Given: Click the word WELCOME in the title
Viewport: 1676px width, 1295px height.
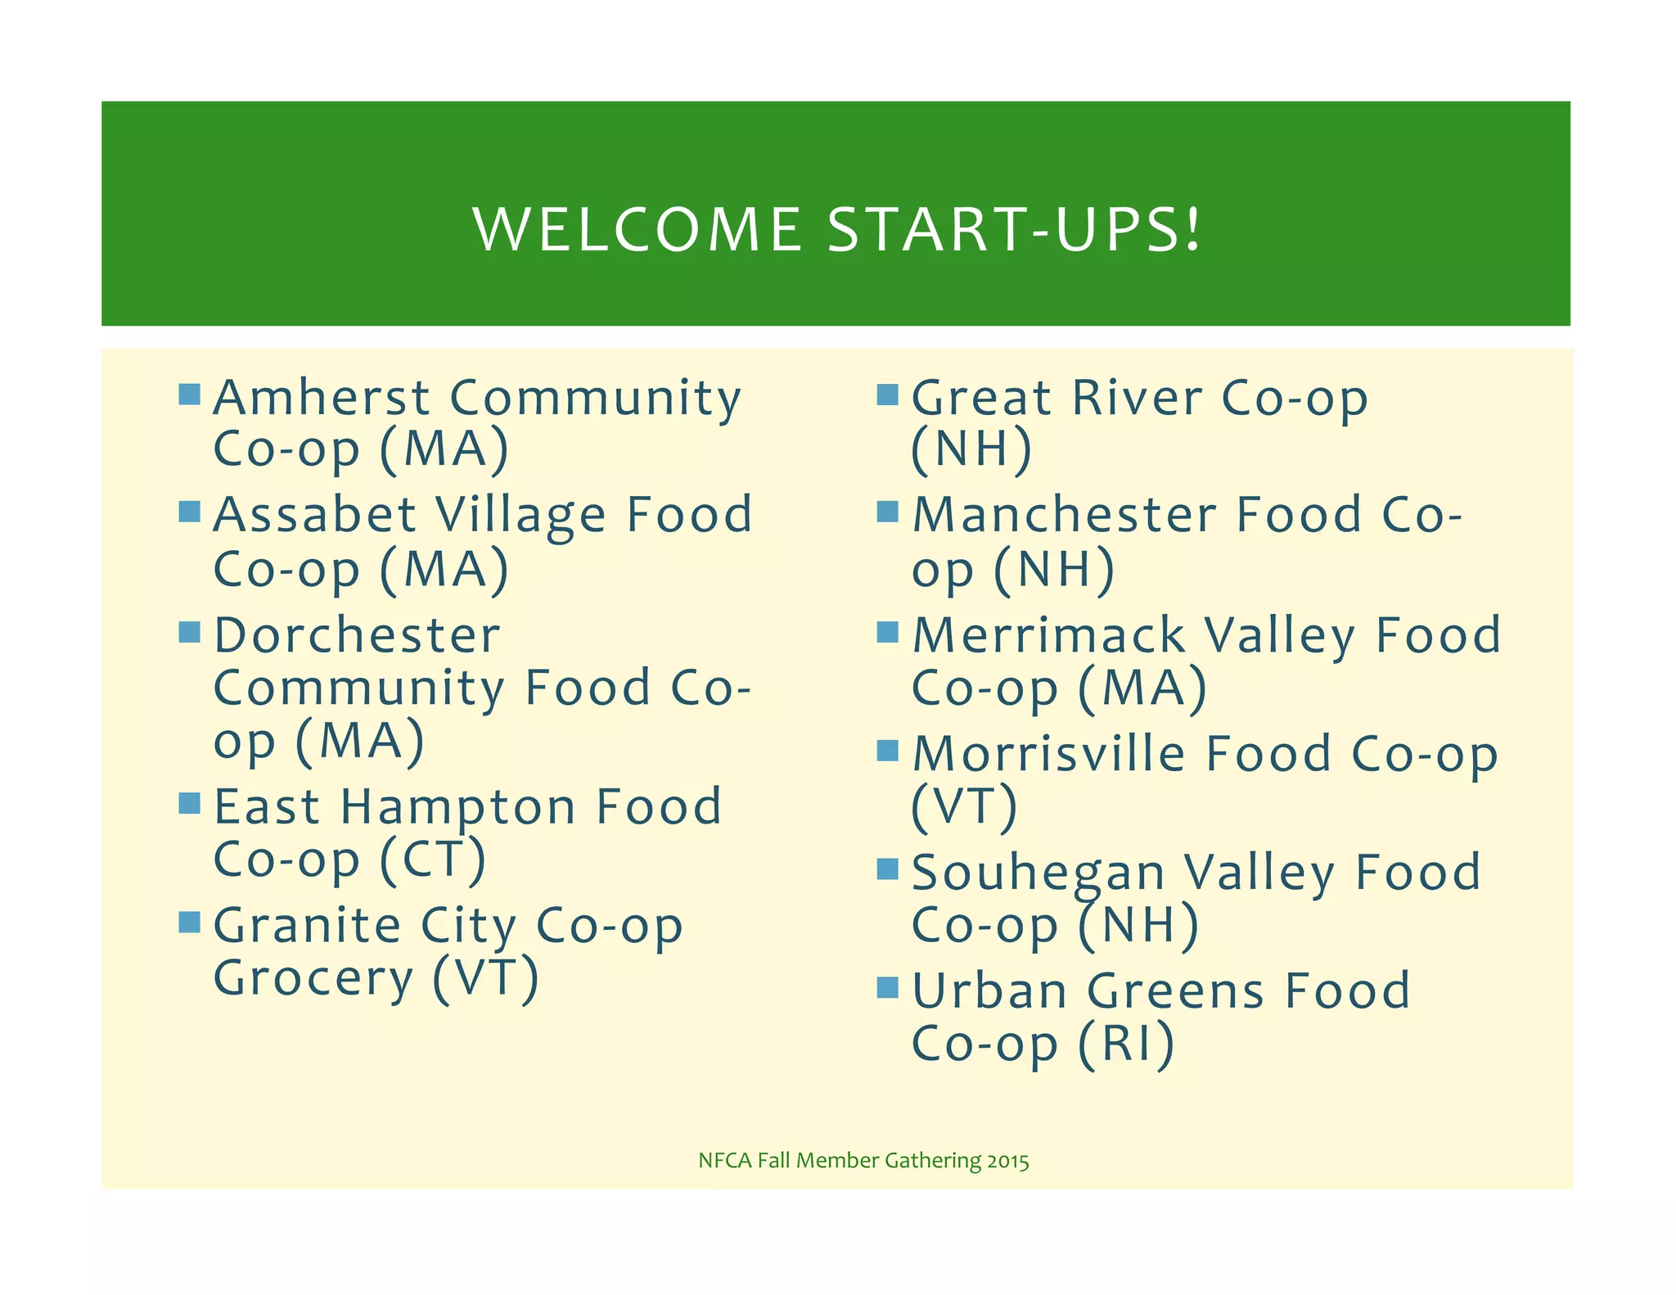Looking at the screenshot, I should (638, 230).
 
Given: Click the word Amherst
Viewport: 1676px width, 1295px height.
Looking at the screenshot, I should (321, 398).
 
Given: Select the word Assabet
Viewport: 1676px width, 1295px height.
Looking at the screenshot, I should (315, 515).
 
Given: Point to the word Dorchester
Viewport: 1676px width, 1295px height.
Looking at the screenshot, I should (357, 636).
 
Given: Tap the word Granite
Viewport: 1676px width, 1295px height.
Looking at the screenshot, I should (307, 927).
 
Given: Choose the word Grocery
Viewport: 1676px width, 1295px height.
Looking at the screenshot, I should (313, 978).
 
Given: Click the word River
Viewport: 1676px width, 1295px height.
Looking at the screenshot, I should (1137, 398).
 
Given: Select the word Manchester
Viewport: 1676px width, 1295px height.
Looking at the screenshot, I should (1064, 515).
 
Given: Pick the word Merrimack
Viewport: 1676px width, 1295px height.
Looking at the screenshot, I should (1048, 636).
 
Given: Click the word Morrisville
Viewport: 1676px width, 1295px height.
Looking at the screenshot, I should (1048, 754).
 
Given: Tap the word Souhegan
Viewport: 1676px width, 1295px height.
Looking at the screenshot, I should (1038, 873).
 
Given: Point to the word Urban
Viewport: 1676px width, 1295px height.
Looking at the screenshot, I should (989, 991).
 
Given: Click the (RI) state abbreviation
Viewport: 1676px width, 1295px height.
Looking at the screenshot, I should (1126, 1045).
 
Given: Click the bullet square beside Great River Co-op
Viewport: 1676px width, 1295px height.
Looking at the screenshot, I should (887, 395).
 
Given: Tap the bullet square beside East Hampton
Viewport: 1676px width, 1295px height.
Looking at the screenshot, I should (189, 803).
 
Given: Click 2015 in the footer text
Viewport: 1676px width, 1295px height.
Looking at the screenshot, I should (1007, 1161).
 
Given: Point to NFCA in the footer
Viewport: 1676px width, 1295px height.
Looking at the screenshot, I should (724, 1161).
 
